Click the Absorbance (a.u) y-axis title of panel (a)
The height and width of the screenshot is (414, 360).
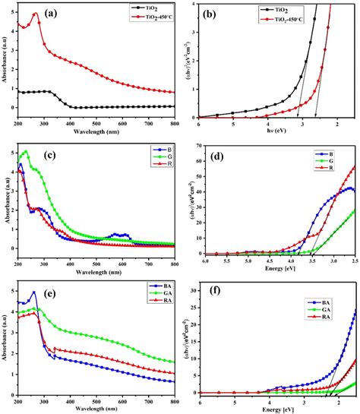[7, 61]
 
